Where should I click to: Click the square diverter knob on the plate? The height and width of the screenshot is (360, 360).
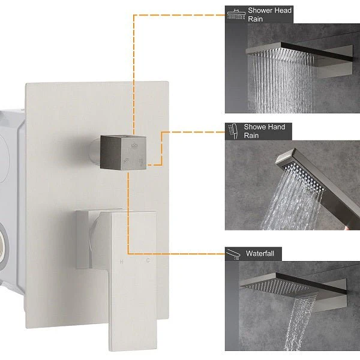point(123,152)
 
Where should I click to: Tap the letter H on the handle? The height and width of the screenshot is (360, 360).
point(121,262)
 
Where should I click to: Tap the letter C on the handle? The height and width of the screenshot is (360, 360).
point(148,260)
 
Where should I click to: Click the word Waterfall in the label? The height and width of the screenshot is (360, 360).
point(260,253)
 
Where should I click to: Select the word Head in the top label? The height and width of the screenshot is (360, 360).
point(282,10)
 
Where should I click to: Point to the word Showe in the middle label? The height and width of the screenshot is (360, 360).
point(253,127)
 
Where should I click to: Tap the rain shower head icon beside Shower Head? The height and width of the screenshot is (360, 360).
point(236,14)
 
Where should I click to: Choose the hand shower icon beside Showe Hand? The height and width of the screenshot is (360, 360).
point(233,131)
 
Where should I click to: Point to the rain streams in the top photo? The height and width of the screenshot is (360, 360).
point(283,83)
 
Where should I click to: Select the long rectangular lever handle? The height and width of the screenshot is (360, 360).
point(133,281)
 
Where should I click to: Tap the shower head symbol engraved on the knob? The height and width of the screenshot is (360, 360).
point(134,146)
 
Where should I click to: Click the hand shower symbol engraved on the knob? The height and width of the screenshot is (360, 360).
point(141,161)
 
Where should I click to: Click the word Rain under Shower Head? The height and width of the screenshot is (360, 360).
point(256,19)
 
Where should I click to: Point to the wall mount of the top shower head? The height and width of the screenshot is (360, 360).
point(335,61)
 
